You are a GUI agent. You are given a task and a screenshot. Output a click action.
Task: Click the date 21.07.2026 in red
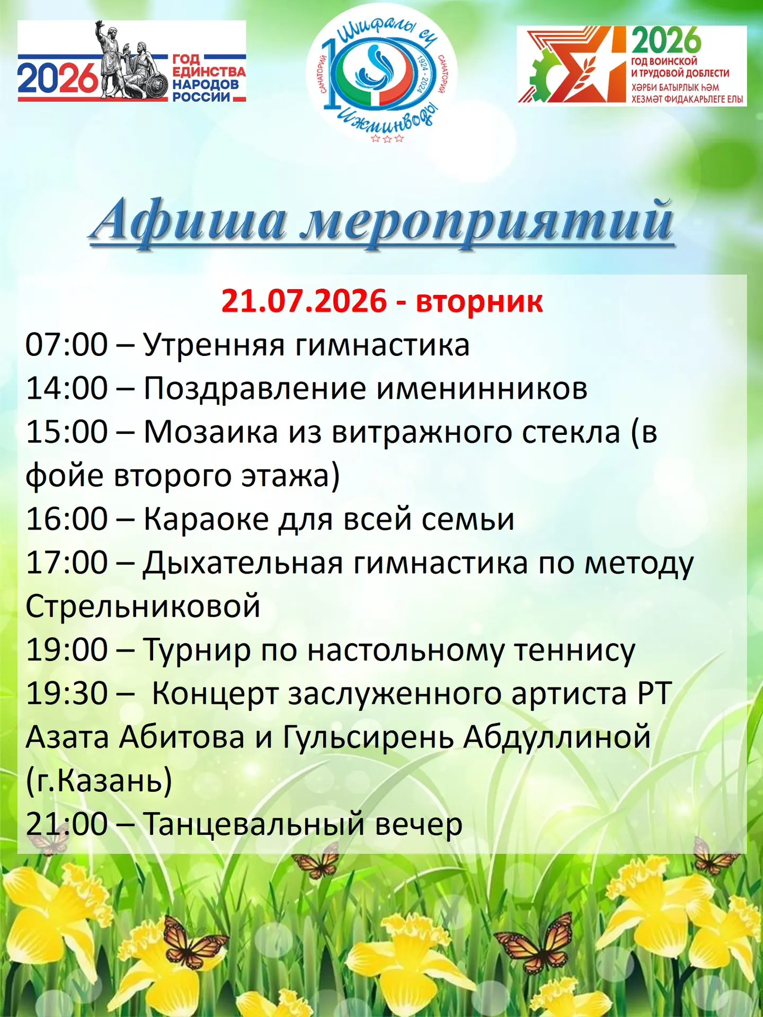point(304,301)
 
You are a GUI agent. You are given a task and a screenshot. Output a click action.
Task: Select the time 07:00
point(67,345)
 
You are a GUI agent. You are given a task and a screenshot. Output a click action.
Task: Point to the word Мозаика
point(211,432)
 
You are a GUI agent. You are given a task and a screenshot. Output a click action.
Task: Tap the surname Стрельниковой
point(143,606)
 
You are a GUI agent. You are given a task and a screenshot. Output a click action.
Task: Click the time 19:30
point(67,693)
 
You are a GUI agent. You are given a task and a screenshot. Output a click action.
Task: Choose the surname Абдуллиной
point(557,738)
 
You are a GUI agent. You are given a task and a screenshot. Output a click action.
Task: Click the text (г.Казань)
point(99,781)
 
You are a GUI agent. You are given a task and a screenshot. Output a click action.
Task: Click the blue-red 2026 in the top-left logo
point(58,78)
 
